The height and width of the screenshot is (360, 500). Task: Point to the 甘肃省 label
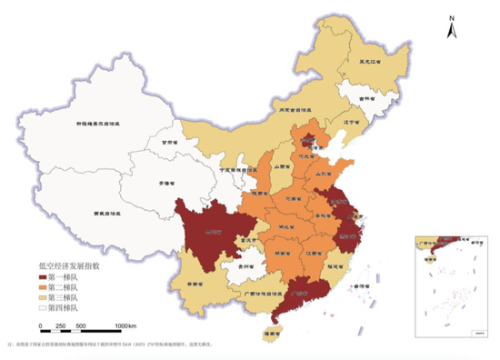coord(165,143)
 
